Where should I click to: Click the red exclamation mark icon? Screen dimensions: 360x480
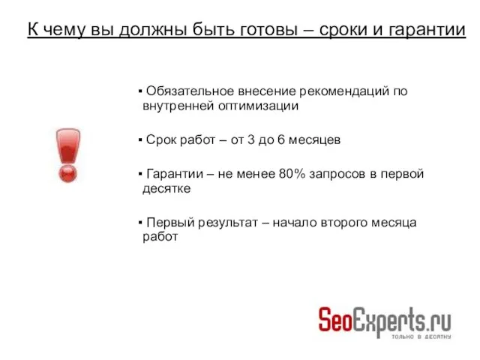67,155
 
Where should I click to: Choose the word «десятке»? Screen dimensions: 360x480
166,189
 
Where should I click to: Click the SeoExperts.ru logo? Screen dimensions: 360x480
385,321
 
